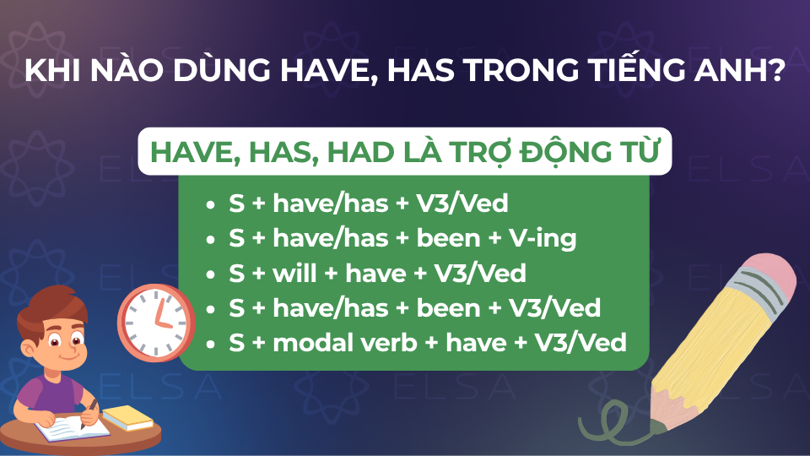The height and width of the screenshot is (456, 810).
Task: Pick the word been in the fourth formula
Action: point(448,308)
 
